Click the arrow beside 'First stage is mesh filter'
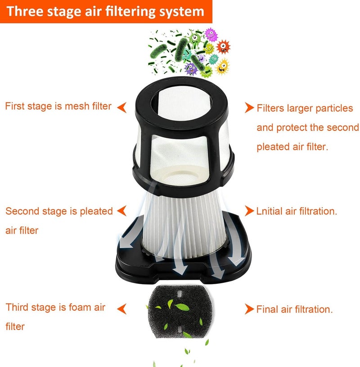click(121, 107)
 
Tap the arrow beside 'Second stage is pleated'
click(121, 210)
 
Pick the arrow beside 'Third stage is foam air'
click(121, 308)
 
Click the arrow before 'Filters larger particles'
click(249, 108)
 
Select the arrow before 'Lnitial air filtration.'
click(249, 211)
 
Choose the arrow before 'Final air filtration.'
click(249, 309)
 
